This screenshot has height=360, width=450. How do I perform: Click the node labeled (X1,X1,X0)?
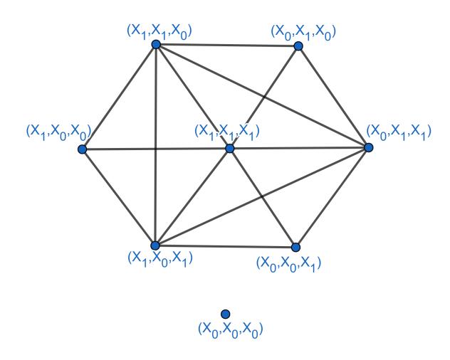click(x=156, y=44)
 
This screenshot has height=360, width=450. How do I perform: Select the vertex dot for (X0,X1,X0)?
click(x=298, y=46)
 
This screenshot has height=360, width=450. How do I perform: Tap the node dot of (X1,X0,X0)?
click(x=83, y=149)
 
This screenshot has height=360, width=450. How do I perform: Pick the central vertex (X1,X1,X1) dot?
click(x=229, y=149)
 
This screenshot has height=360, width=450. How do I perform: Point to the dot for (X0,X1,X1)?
click(x=369, y=147)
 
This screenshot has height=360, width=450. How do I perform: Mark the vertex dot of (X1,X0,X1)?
click(x=155, y=245)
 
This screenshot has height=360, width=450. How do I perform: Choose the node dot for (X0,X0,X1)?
click(x=296, y=247)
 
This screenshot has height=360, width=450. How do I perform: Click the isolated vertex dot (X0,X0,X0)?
click(x=226, y=314)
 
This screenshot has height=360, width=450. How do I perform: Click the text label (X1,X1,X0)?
click(x=159, y=31)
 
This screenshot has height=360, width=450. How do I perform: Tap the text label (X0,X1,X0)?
click(x=303, y=31)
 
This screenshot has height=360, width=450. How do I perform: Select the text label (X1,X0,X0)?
click(x=58, y=132)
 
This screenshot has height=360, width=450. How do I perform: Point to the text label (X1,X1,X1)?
click(x=227, y=132)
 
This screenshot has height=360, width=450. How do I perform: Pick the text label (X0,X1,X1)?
click(x=399, y=132)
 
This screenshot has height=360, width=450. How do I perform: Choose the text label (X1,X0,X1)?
click(x=160, y=259)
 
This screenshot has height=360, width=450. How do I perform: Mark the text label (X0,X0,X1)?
click(x=288, y=263)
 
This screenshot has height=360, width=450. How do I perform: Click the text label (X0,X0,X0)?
click(x=231, y=330)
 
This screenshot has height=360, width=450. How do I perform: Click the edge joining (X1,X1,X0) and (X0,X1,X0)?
click(x=227, y=46)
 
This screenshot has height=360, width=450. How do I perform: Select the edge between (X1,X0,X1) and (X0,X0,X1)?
click(x=226, y=246)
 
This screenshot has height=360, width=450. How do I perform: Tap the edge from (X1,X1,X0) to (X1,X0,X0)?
click(x=119, y=97)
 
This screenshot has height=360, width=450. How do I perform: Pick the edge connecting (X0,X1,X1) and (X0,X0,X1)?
click(x=333, y=197)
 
